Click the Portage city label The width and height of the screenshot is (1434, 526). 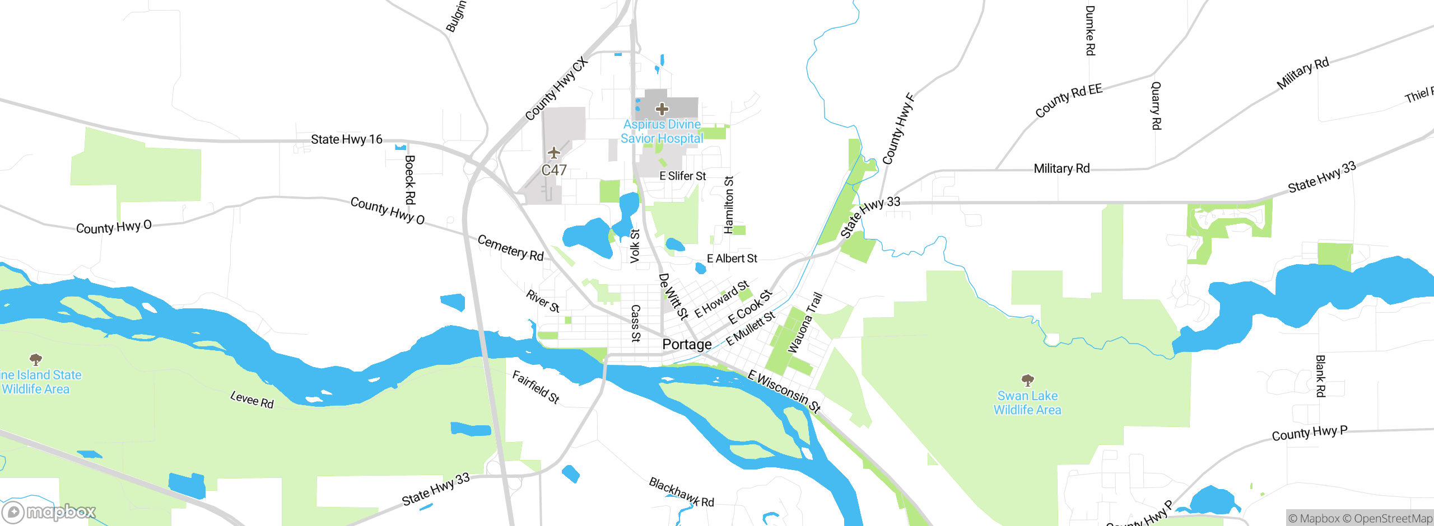point(687,344)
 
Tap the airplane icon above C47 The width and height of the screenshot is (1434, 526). point(554,153)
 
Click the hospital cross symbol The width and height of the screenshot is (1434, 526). point(662,109)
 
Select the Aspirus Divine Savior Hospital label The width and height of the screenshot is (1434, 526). point(662,131)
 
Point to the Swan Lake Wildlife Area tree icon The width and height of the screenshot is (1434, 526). point(1027,381)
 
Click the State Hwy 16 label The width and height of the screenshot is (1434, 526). point(346,139)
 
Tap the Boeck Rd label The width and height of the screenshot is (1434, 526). point(410,180)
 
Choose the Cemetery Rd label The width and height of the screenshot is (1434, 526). point(510,248)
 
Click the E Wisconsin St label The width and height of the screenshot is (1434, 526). point(784,391)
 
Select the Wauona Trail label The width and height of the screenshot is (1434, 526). point(805,323)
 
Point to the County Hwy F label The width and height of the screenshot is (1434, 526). point(898,129)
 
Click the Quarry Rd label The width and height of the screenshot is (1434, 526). point(1156,106)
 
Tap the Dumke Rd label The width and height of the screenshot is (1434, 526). point(1090,31)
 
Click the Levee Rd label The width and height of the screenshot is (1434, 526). point(252,400)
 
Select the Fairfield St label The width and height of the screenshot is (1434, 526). point(536,387)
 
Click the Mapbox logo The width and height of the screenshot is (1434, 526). point(49,511)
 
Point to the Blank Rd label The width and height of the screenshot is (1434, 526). point(1320,376)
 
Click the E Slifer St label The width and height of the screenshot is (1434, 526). point(682,176)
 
